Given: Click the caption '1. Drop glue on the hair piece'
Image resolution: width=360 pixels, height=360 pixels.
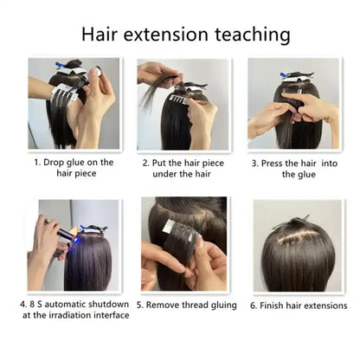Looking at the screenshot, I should pyautogui.click(x=74, y=167).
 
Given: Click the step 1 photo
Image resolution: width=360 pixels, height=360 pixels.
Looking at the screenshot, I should pyautogui.click(x=74, y=103).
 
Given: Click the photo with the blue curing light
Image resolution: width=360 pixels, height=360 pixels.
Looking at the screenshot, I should pyautogui.click(x=74, y=244).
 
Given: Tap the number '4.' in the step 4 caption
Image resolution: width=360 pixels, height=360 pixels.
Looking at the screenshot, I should pyautogui.click(x=23, y=304).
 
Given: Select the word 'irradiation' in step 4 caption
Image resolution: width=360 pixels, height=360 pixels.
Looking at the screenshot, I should pyautogui.click(x=66, y=315).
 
